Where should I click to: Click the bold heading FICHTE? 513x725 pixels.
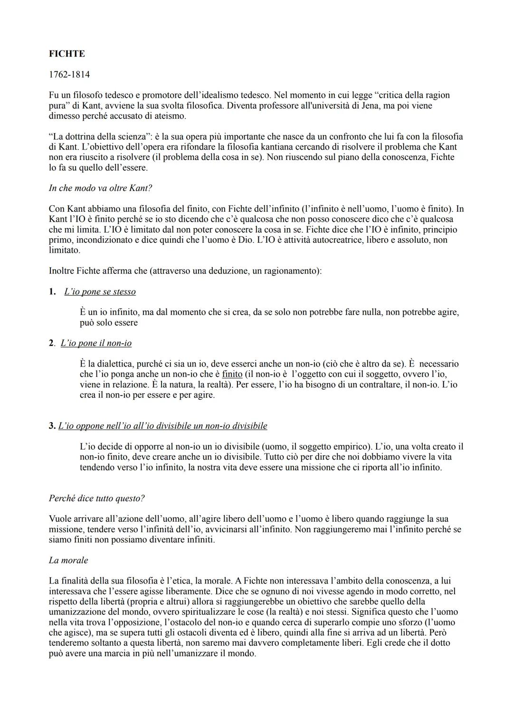pyautogui.click(x=67, y=54)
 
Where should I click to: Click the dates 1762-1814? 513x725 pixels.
pyautogui.click(x=69, y=75)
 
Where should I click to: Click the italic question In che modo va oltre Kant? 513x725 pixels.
pyautogui.click(x=100, y=188)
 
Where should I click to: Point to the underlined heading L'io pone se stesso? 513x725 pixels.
pyautogui.click(x=100, y=292)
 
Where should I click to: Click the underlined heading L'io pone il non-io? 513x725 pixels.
pyautogui.click(x=96, y=343)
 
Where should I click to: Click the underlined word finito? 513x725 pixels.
pyautogui.click(x=232, y=374)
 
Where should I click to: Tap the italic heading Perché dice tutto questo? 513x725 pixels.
pyautogui.click(x=96, y=499)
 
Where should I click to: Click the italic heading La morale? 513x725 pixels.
pyautogui.click(x=68, y=560)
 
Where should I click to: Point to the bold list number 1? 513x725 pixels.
pyautogui.click(x=52, y=292)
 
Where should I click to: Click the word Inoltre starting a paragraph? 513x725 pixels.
pyautogui.click(x=62, y=271)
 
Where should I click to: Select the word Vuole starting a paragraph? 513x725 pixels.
pyautogui.click(x=60, y=519)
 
